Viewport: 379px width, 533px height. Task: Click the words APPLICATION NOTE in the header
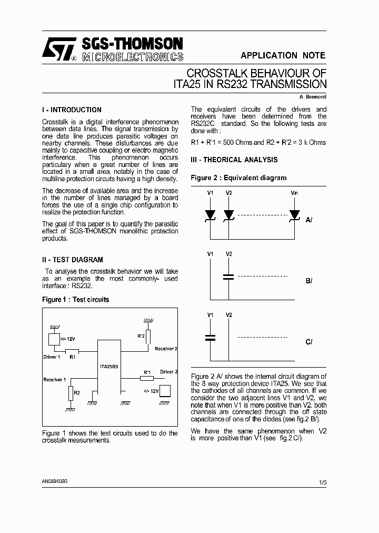(x=283, y=55)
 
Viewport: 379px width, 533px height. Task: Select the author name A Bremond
(x=313, y=97)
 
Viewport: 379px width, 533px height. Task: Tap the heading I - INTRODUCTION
(x=72, y=110)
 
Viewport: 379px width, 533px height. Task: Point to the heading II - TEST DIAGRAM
(x=73, y=260)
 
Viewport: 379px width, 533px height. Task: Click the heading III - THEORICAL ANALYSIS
(x=234, y=160)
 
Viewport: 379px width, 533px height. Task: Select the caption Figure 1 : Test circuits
(x=75, y=300)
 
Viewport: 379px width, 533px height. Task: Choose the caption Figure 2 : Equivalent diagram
(x=238, y=178)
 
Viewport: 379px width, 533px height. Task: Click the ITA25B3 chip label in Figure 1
(x=109, y=366)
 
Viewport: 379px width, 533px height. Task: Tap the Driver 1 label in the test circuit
(x=52, y=357)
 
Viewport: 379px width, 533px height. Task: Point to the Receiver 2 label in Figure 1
(x=166, y=349)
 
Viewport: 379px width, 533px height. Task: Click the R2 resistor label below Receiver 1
(x=77, y=392)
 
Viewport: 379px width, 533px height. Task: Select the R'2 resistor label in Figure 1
(x=141, y=335)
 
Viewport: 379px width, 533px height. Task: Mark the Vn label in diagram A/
(x=294, y=193)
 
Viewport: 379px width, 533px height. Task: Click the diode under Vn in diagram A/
(x=294, y=215)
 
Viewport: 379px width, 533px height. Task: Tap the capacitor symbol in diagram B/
(x=228, y=277)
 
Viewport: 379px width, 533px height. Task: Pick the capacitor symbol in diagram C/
(x=210, y=338)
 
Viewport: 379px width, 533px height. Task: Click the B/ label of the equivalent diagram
(x=309, y=281)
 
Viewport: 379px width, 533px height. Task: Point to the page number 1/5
(x=322, y=482)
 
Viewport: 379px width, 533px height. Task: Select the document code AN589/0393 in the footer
(x=54, y=481)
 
